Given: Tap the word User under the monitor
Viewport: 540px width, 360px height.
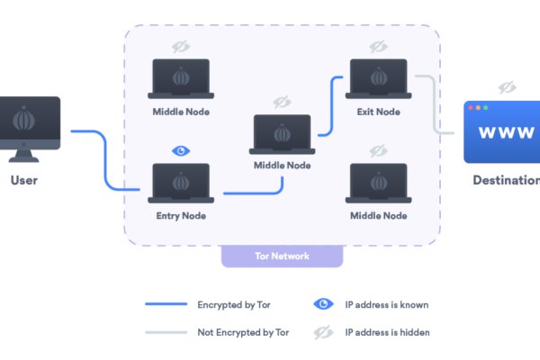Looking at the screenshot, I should [x=24, y=180].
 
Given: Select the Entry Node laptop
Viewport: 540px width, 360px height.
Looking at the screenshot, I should [x=180, y=184].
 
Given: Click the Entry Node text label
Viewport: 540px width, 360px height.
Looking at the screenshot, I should [x=181, y=216].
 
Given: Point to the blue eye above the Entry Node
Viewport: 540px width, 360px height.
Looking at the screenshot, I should [x=180, y=150].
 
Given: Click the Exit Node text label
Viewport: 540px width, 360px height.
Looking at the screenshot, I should [x=378, y=112].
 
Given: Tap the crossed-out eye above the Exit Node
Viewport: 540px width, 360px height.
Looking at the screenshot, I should [x=378, y=46].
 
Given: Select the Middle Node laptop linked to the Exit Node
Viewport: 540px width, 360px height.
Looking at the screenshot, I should [x=282, y=134].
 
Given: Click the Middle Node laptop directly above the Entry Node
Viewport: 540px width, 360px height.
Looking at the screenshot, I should [x=180, y=79].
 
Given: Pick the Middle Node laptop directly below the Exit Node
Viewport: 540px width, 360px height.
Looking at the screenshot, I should [x=378, y=184].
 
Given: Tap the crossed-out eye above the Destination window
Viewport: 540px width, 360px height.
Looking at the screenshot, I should [x=507, y=87].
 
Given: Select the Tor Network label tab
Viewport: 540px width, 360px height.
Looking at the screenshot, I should [x=282, y=256].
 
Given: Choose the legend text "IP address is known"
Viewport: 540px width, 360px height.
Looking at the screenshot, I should [x=388, y=304].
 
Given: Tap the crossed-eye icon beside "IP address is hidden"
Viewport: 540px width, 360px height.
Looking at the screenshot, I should [x=324, y=332].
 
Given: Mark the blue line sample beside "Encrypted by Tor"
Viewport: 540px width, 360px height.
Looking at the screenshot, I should [x=166, y=304].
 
